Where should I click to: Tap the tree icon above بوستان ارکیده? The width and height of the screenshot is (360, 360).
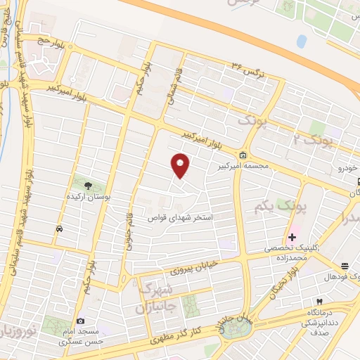88,186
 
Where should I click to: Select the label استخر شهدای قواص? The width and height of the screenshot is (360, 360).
184,219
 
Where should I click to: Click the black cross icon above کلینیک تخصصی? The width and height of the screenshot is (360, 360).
292,236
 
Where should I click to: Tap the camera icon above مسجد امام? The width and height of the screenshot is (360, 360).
79,321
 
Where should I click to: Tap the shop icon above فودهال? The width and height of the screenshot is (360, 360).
345,266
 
